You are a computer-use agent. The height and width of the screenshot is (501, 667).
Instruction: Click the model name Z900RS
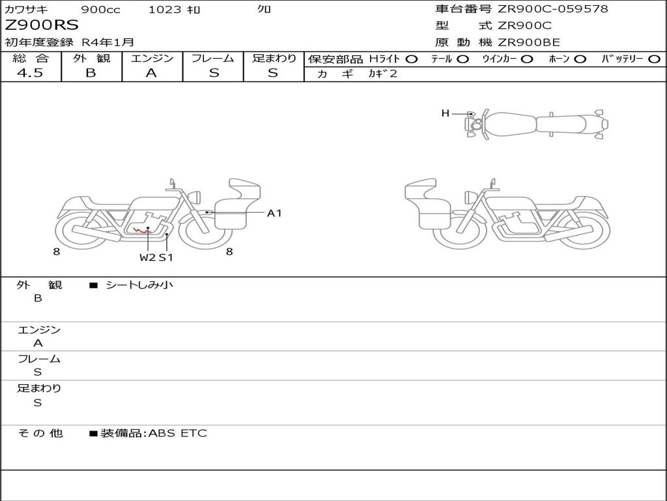42,25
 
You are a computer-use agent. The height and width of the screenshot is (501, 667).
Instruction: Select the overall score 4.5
30,73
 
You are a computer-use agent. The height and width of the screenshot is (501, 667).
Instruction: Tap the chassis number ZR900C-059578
553,9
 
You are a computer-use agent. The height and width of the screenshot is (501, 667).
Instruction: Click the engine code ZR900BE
529,42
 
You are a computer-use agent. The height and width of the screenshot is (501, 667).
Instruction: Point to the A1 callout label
274,213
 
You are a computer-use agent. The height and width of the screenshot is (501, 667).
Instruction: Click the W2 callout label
148,257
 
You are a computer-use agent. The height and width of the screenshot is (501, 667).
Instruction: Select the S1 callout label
166,257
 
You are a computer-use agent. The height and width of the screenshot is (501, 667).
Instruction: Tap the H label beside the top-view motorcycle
446,114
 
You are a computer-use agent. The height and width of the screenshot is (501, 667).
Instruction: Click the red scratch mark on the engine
141,231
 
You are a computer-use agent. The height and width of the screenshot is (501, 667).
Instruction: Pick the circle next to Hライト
411,59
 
